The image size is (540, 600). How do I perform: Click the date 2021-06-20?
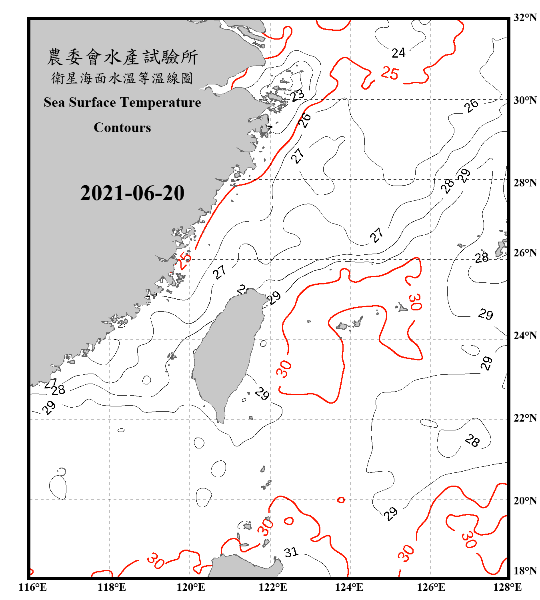click(x=132, y=193)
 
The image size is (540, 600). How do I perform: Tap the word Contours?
click(x=122, y=128)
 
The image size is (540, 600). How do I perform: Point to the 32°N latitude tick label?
click(x=525, y=17)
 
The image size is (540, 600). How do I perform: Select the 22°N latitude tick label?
click(x=525, y=418)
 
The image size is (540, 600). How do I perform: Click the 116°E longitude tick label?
click(x=33, y=587)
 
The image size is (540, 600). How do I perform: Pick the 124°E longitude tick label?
click(x=349, y=587)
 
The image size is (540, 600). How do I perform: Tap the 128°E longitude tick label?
click(x=507, y=587)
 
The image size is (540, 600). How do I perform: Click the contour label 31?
click(x=291, y=552)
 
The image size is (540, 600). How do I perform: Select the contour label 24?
click(x=398, y=53)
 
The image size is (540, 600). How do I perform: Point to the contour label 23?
click(x=297, y=95)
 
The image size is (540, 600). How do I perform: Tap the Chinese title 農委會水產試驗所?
click(x=122, y=57)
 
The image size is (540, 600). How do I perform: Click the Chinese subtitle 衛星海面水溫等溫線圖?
click(x=122, y=78)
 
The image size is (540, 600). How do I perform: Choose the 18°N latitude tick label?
click(x=525, y=571)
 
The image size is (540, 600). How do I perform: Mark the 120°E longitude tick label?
click(x=191, y=587)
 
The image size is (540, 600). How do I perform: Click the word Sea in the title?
click(x=55, y=102)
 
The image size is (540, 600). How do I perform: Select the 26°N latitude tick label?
click(x=525, y=253)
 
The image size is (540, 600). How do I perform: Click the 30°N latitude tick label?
click(x=525, y=100)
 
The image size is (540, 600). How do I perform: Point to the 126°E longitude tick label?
click(x=431, y=587)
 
